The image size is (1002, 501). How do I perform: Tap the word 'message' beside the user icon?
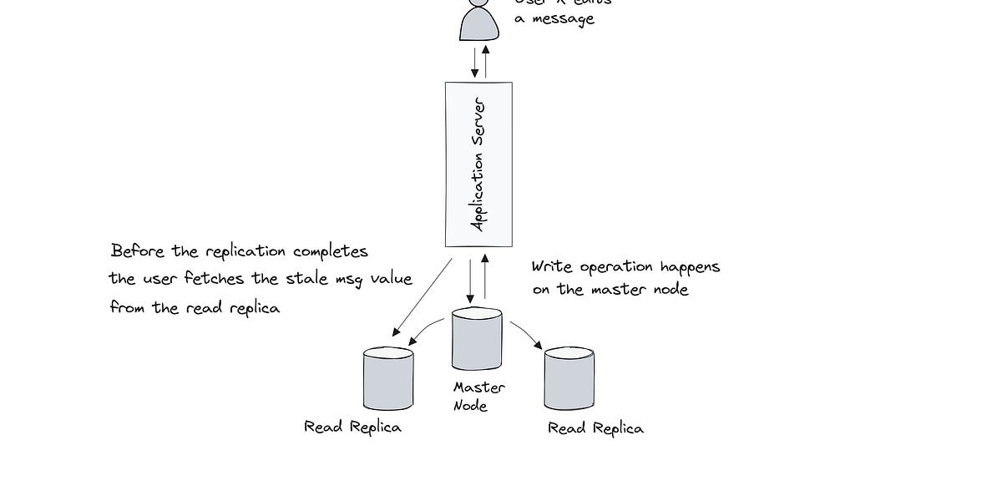point(565,18)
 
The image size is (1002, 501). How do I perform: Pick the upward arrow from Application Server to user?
point(486,61)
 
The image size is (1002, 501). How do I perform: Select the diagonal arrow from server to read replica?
point(422,297)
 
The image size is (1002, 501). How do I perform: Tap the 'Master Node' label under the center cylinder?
point(478,397)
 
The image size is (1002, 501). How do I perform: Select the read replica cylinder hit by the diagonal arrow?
point(388,379)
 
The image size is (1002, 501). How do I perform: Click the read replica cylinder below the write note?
point(569,379)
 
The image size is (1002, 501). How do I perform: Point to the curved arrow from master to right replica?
point(526,333)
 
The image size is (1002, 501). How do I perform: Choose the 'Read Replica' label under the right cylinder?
point(595,428)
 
